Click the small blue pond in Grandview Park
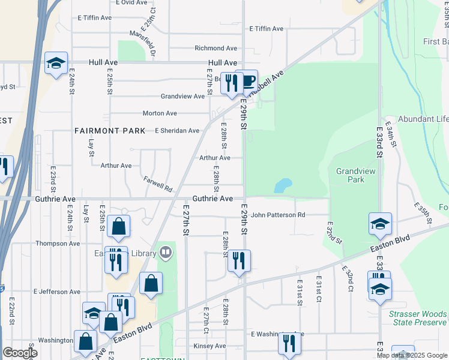pos(282,186)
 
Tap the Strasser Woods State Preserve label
pos(417,318)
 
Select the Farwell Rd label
pos(158,184)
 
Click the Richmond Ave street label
pos(215,48)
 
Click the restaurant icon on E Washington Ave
pos(289,343)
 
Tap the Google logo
pos(20,353)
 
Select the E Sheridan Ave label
pos(177,130)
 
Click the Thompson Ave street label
pos(58,244)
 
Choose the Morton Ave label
pos(160,113)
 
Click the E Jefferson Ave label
pos(56,292)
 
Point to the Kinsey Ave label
pos(209,346)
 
